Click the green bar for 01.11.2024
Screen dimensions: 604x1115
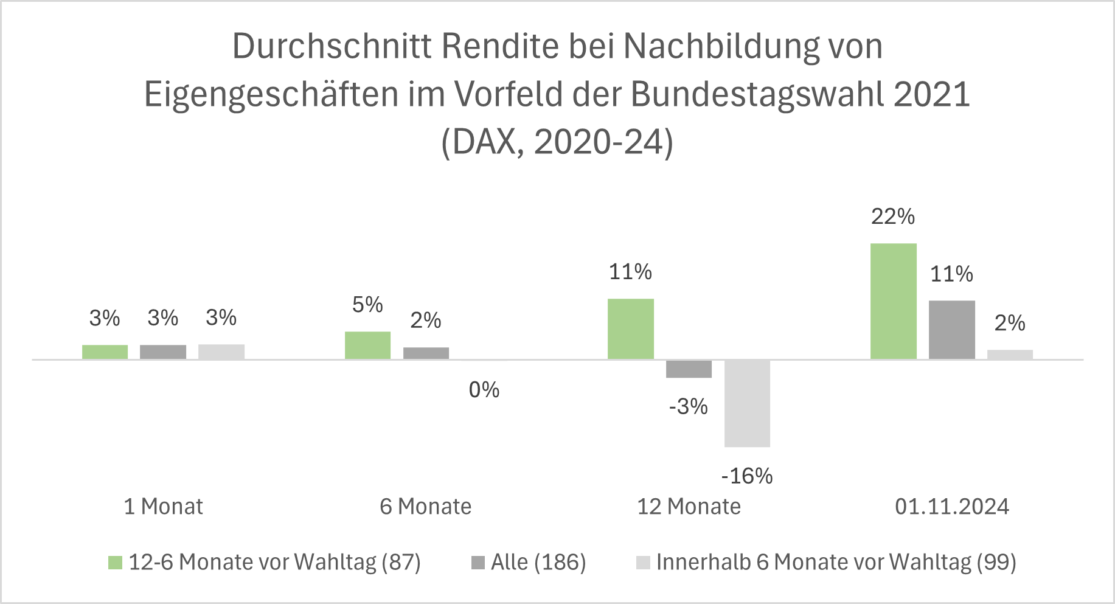[x=893, y=301]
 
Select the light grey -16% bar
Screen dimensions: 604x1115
[x=747, y=403]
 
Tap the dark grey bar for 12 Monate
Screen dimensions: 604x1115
[x=689, y=369]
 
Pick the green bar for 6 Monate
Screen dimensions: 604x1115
[x=367, y=345]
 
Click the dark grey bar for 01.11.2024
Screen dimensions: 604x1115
[x=951, y=330]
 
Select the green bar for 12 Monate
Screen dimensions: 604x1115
[x=630, y=328]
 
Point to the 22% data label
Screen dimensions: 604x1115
[x=892, y=217]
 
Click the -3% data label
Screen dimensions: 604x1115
[x=688, y=406]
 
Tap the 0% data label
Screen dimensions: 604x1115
[x=484, y=389]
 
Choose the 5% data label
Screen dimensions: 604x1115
[x=367, y=305]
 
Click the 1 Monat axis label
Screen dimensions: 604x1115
[x=163, y=506]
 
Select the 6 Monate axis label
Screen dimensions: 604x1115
[x=425, y=506]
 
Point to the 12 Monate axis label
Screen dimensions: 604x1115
[x=689, y=506]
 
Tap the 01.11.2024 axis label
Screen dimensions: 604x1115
[x=951, y=506]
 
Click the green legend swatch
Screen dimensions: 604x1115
[x=115, y=563]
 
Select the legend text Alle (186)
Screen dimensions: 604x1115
[x=538, y=562]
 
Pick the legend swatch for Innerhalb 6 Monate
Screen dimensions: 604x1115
[x=643, y=563]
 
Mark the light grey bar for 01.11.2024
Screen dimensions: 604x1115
[x=1010, y=355]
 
